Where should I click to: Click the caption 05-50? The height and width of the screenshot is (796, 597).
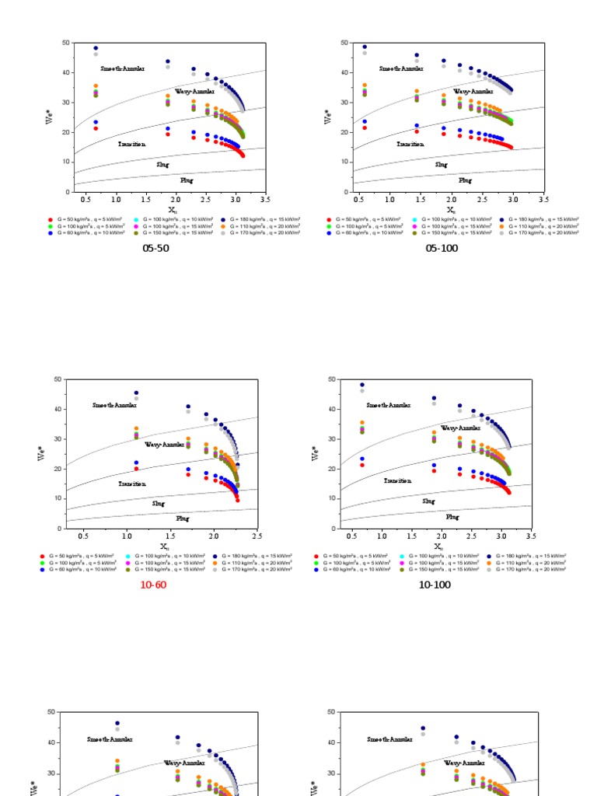(x=155, y=249)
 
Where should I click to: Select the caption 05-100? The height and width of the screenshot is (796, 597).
(x=442, y=249)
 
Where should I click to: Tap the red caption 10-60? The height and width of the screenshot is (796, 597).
(x=153, y=585)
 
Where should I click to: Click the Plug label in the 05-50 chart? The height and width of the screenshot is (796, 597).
(x=187, y=180)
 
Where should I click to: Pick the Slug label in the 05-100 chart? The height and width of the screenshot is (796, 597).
(x=441, y=165)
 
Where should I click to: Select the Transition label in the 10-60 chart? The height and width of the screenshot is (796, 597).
(x=131, y=484)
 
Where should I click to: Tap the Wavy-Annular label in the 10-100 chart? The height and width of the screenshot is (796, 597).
(x=461, y=428)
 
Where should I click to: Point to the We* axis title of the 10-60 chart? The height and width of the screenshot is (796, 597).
(x=40, y=453)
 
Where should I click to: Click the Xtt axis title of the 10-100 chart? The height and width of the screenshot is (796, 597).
(x=438, y=547)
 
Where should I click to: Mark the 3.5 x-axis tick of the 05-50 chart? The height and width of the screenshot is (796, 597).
(x=265, y=201)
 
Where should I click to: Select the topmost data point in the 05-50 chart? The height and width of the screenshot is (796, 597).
(x=96, y=48)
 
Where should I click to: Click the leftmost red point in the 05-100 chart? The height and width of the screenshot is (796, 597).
(x=364, y=127)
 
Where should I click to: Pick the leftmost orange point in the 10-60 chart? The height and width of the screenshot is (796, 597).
(x=136, y=428)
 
